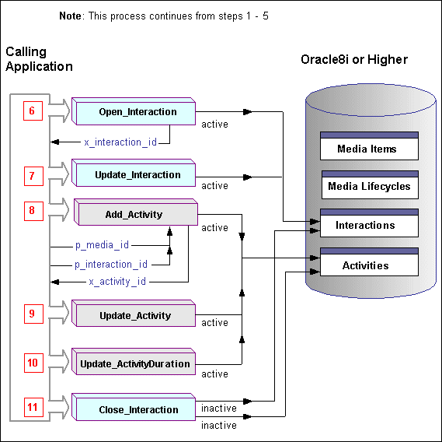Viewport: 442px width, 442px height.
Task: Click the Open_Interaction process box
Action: (x=137, y=112)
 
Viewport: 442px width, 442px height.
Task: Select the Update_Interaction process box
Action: (x=137, y=175)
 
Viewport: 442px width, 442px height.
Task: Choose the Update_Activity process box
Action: (x=136, y=316)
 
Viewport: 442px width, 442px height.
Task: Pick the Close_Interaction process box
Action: (x=137, y=409)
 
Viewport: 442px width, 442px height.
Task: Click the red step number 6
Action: (x=32, y=111)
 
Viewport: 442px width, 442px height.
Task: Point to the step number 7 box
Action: (x=32, y=176)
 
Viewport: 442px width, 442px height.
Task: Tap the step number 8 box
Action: (x=32, y=209)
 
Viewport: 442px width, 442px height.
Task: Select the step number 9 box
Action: (x=32, y=314)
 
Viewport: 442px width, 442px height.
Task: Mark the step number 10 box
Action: (x=32, y=363)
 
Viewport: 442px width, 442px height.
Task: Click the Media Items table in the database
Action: (x=369, y=149)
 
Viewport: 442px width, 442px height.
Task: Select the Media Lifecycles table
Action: (x=369, y=187)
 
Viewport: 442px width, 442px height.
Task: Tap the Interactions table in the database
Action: (x=369, y=225)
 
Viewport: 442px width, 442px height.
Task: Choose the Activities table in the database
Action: (x=369, y=265)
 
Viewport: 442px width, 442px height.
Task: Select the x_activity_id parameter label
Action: (x=117, y=281)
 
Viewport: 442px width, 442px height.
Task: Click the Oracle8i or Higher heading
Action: (x=353, y=60)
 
